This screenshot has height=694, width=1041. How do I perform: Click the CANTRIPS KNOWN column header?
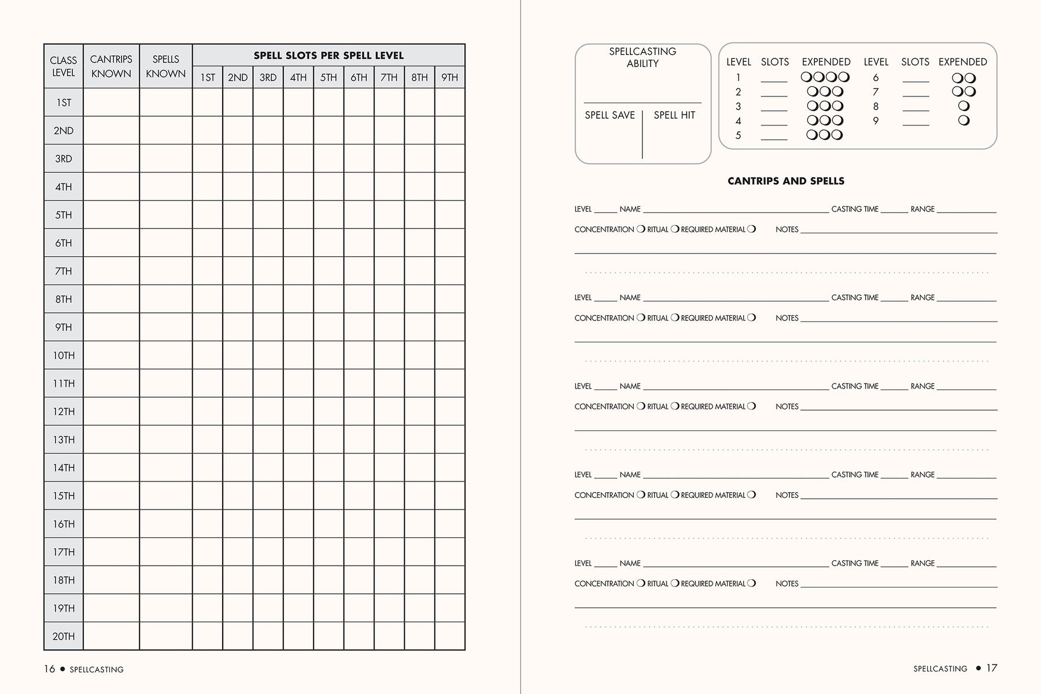click(111, 66)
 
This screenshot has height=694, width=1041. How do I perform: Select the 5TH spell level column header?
click(328, 77)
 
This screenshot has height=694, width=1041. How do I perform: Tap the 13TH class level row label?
click(64, 440)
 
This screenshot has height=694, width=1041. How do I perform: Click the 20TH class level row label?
click(64, 636)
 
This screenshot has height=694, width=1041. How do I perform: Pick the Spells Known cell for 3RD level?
click(166, 158)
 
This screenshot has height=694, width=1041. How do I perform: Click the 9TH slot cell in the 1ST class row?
click(450, 102)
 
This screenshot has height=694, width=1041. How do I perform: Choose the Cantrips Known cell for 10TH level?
click(111, 355)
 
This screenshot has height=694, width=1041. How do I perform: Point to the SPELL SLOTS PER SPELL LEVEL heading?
click(328, 56)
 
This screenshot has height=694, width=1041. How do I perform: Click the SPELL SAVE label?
click(610, 115)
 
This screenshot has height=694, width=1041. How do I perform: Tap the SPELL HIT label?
click(674, 115)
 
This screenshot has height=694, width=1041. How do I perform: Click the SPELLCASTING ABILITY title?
click(643, 57)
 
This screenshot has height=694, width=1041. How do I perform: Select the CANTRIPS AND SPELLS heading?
click(786, 181)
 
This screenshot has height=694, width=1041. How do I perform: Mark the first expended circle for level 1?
click(806, 77)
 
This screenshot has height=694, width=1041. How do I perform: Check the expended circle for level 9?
click(964, 120)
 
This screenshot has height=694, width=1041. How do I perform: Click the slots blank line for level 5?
click(774, 138)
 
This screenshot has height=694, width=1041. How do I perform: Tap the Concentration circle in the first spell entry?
click(641, 229)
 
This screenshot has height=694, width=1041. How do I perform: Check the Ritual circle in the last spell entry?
click(674, 583)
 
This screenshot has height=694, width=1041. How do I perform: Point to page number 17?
click(992, 668)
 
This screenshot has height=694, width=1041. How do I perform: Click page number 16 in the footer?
click(50, 669)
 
